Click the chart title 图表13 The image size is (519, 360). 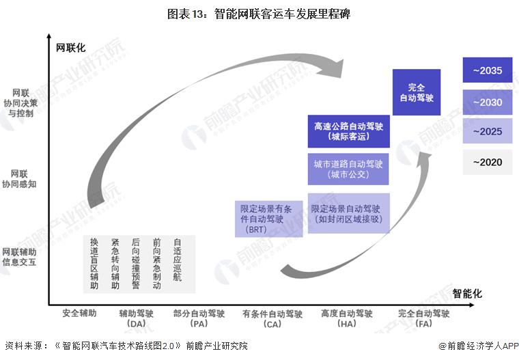tap(259, 14)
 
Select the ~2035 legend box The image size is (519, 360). tap(487, 70)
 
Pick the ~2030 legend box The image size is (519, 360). tap(487, 102)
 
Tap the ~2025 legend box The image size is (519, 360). tap(487, 131)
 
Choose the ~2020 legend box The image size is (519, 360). tap(487, 163)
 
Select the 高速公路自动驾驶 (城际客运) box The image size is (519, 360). tap(348, 131)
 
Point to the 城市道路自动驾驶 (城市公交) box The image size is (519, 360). tap(348, 169)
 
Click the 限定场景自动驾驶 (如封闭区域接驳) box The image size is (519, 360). tap(348, 214)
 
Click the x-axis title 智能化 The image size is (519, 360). tap(467, 293)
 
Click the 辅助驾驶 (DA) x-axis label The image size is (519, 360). tap(137, 318)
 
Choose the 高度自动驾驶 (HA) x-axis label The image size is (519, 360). tap(347, 318)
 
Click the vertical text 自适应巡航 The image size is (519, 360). tap(178, 260)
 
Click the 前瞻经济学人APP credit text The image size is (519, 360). tap(475, 346)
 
